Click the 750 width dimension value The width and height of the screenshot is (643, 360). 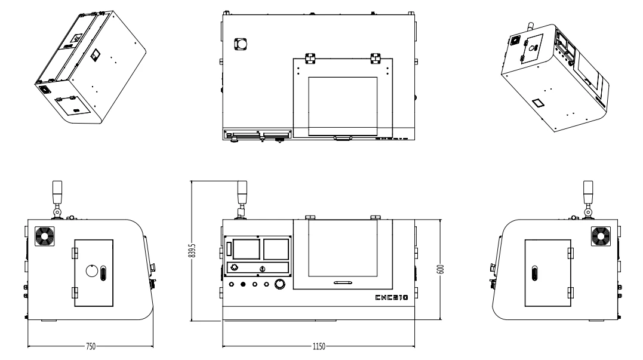(x=91, y=346)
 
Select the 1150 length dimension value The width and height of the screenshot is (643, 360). (x=319, y=346)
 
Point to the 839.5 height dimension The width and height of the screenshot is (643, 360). (x=192, y=251)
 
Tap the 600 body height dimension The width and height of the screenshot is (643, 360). (x=441, y=269)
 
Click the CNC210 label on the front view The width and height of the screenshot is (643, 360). (x=392, y=297)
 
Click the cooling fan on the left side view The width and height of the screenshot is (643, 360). (x=44, y=236)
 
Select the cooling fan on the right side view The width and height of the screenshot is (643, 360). (x=601, y=236)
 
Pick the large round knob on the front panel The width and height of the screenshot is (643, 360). (x=279, y=284)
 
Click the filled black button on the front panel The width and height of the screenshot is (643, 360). (x=243, y=284)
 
